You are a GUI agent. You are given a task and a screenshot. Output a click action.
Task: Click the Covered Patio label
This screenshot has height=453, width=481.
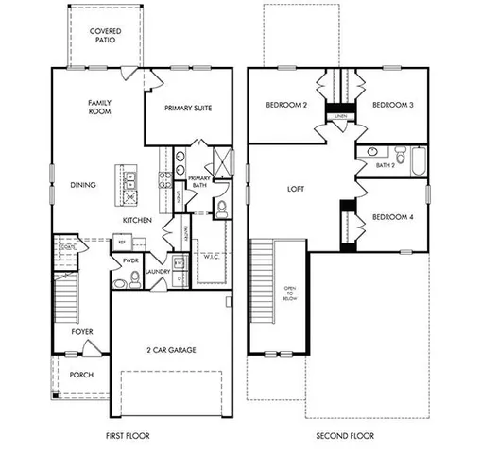(x=104, y=35)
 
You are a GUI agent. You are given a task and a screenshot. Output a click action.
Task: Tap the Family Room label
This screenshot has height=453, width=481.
(x=100, y=107)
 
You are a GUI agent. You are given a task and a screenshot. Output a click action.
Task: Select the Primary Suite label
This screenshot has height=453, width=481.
(x=188, y=108)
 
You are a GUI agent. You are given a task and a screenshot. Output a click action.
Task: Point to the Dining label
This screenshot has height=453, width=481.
(x=83, y=185)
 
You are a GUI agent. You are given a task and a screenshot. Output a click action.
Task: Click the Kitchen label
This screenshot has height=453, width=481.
(x=137, y=221)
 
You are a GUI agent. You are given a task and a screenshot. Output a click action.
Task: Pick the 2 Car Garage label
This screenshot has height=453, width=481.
(x=172, y=350)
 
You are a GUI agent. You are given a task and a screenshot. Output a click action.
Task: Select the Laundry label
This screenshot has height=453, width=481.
(x=157, y=272)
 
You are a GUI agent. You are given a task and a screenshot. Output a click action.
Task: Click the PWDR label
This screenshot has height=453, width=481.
(x=130, y=260)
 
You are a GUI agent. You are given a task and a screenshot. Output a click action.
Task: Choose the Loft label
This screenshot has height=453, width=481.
(x=296, y=189)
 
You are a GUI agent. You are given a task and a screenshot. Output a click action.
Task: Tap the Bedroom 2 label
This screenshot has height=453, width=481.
(x=286, y=106)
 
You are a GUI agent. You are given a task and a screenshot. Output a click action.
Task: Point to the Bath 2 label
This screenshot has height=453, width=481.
(x=385, y=165)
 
